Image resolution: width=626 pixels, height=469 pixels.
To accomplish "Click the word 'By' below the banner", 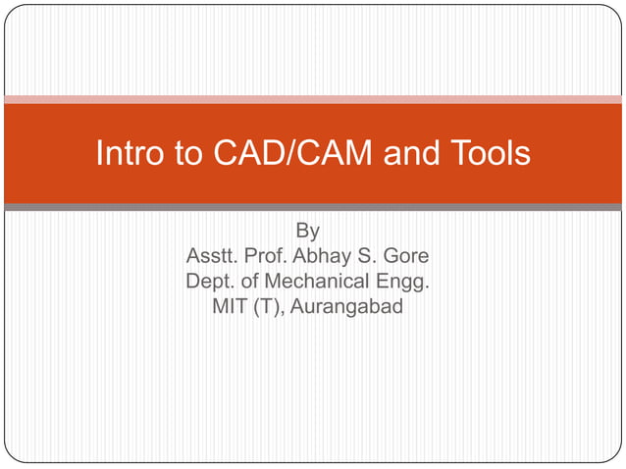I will point(307,233).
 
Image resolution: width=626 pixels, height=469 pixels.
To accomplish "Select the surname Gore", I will point(406,258).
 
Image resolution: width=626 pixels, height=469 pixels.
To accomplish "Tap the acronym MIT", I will point(231,308).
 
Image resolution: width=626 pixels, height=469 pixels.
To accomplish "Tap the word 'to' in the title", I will point(181,154).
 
